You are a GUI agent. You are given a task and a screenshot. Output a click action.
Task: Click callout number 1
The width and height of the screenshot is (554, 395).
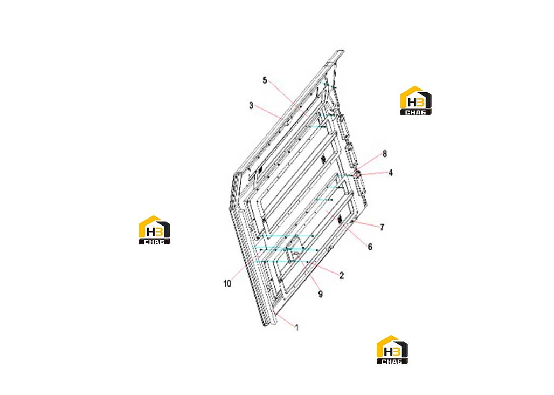pyautogui.click(x=297, y=328)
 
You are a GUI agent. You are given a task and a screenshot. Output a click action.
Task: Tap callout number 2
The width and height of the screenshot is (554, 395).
pyautogui.click(x=342, y=275)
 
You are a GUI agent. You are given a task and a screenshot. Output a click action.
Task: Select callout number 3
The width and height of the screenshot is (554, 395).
pyautogui.click(x=251, y=106)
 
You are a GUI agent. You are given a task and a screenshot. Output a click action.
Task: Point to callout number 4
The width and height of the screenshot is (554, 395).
pyautogui.click(x=390, y=173)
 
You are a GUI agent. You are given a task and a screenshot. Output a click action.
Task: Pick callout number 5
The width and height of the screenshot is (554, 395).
pyautogui.click(x=265, y=80)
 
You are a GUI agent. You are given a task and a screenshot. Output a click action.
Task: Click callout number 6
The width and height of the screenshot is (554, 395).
pyautogui.click(x=370, y=247)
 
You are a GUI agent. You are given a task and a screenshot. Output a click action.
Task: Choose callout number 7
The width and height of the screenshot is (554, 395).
pyautogui.click(x=382, y=227)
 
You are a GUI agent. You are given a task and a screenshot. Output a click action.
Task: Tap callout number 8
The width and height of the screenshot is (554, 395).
pyautogui.click(x=385, y=153)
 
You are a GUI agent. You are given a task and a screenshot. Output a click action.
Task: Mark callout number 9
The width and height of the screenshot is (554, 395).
pyautogui.click(x=321, y=294)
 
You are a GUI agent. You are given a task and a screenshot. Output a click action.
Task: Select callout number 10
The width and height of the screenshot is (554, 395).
pyautogui.click(x=227, y=284)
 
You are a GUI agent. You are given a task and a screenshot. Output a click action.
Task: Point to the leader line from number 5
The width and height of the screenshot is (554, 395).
pyautogui.click(x=288, y=98)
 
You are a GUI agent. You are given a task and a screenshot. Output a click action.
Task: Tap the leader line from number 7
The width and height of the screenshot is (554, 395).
pyautogui.click(x=367, y=224)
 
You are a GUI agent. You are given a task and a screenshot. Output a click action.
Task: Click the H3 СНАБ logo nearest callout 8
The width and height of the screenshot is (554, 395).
pyautogui.click(x=416, y=100)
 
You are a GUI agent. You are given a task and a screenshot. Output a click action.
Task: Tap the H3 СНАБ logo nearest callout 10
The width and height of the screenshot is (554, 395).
pyautogui.click(x=155, y=230)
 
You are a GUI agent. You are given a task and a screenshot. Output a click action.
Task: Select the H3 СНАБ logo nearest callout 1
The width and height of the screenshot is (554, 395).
pyautogui.click(x=392, y=350)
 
